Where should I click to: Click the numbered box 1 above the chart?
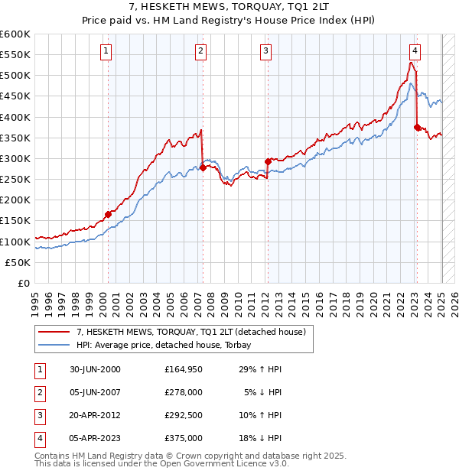106,52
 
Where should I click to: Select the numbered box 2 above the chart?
200,52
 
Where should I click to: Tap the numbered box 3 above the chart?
265,52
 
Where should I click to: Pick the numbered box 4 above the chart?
414,52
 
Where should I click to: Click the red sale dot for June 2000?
108,215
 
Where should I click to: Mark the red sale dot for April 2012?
269,161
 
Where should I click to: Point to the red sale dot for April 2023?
417,128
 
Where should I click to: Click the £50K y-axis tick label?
18,262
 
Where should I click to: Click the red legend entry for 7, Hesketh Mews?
191,332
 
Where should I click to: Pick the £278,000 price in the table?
184,392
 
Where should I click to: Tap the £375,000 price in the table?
184,438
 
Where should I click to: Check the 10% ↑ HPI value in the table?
261,415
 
